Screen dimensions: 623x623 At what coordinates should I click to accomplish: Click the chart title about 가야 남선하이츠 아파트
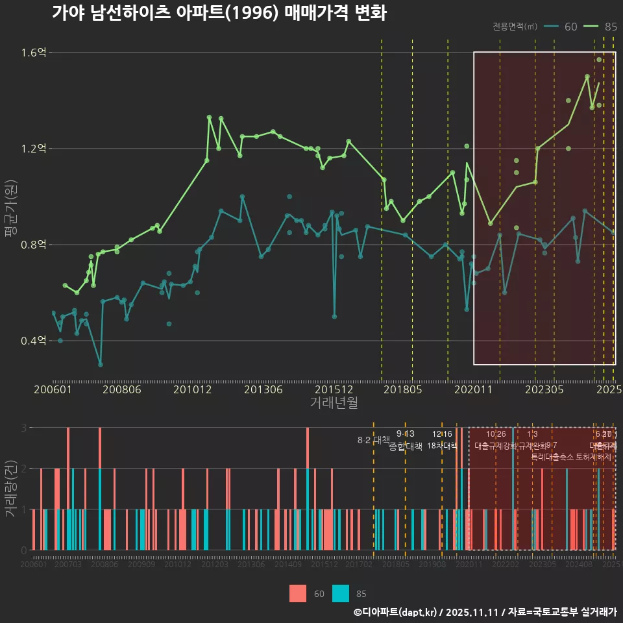[219, 13]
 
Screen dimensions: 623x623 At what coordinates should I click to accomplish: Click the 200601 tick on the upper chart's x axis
[53, 390]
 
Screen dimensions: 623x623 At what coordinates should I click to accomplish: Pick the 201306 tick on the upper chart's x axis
[262, 390]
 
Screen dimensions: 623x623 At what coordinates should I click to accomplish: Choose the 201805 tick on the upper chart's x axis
[403, 390]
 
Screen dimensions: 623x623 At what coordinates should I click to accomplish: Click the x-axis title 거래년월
[334, 402]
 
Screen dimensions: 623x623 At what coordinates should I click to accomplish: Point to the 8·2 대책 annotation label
[373, 440]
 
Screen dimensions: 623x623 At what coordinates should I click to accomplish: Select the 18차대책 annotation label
[442, 445]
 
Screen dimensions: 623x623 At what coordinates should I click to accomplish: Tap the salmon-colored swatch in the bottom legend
[298, 593]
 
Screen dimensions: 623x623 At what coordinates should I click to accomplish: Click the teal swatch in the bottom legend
[340, 593]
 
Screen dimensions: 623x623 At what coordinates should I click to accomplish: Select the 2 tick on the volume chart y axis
[24, 469]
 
